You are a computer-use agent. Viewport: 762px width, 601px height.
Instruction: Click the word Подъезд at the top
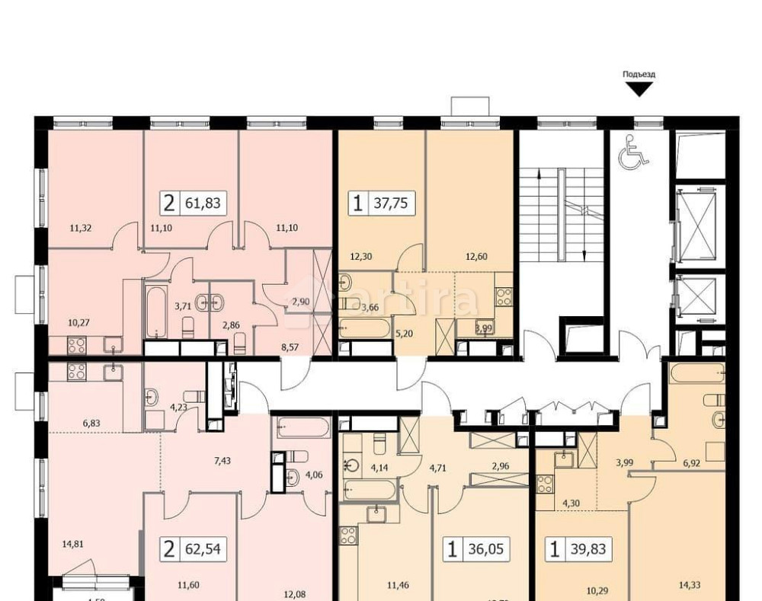pyautogui.click(x=639, y=75)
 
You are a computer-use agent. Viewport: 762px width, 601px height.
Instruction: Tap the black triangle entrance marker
pyautogui.click(x=639, y=90)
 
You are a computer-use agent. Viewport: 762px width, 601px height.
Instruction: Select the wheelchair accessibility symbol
pyautogui.click(x=632, y=152)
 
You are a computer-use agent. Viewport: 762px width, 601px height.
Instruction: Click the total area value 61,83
pyautogui.click(x=203, y=203)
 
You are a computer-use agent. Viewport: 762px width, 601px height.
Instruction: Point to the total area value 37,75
pyautogui.click(x=391, y=203)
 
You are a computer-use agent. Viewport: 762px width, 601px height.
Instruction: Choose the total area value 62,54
pyautogui.click(x=203, y=548)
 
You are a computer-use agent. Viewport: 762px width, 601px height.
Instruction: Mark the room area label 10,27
pyautogui.click(x=78, y=322)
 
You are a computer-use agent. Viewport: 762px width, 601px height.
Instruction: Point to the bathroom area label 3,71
pyautogui.click(x=183, y=306)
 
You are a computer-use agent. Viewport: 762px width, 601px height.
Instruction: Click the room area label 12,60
pyautogui.click(x=475, y=257)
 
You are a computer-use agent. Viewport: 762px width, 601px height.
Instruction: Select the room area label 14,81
pyautogui.click(x=73, y=544)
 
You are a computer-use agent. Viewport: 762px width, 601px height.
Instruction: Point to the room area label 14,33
pyautogui.click(x=690, y=585)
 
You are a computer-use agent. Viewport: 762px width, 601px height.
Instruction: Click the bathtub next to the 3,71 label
pyautogui.click(x=155, y=312)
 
